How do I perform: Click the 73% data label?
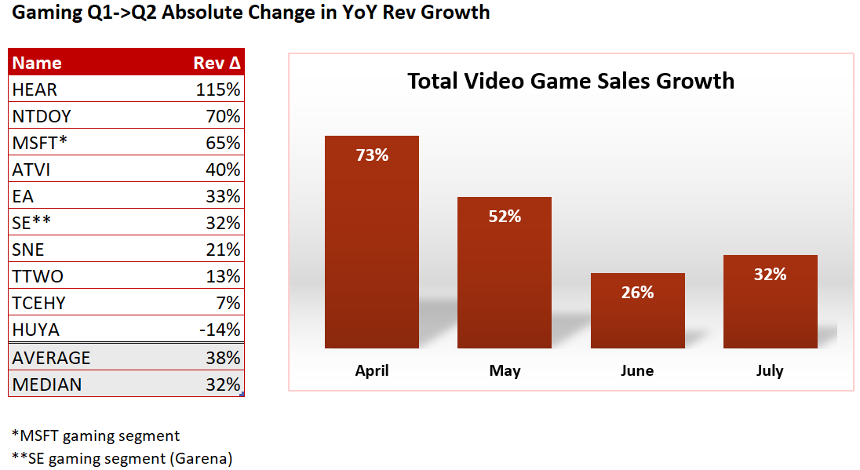point(372,155)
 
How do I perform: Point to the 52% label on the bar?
point(505,216)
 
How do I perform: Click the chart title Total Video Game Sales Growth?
point(570,81)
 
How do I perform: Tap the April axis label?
point(372,370)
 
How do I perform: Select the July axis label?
point(770,370)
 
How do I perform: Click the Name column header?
point(37,64)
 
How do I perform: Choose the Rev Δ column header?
point(216,64)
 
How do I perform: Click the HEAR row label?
point(35,89)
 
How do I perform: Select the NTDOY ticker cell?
point(42,116)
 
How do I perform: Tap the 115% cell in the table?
point(218,89)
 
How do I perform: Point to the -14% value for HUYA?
point(220,330)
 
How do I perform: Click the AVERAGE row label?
point(51,358)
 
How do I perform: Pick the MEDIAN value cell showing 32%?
point(223,384)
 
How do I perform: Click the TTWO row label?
point(38,276)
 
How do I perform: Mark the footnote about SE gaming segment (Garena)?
point(122,457)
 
